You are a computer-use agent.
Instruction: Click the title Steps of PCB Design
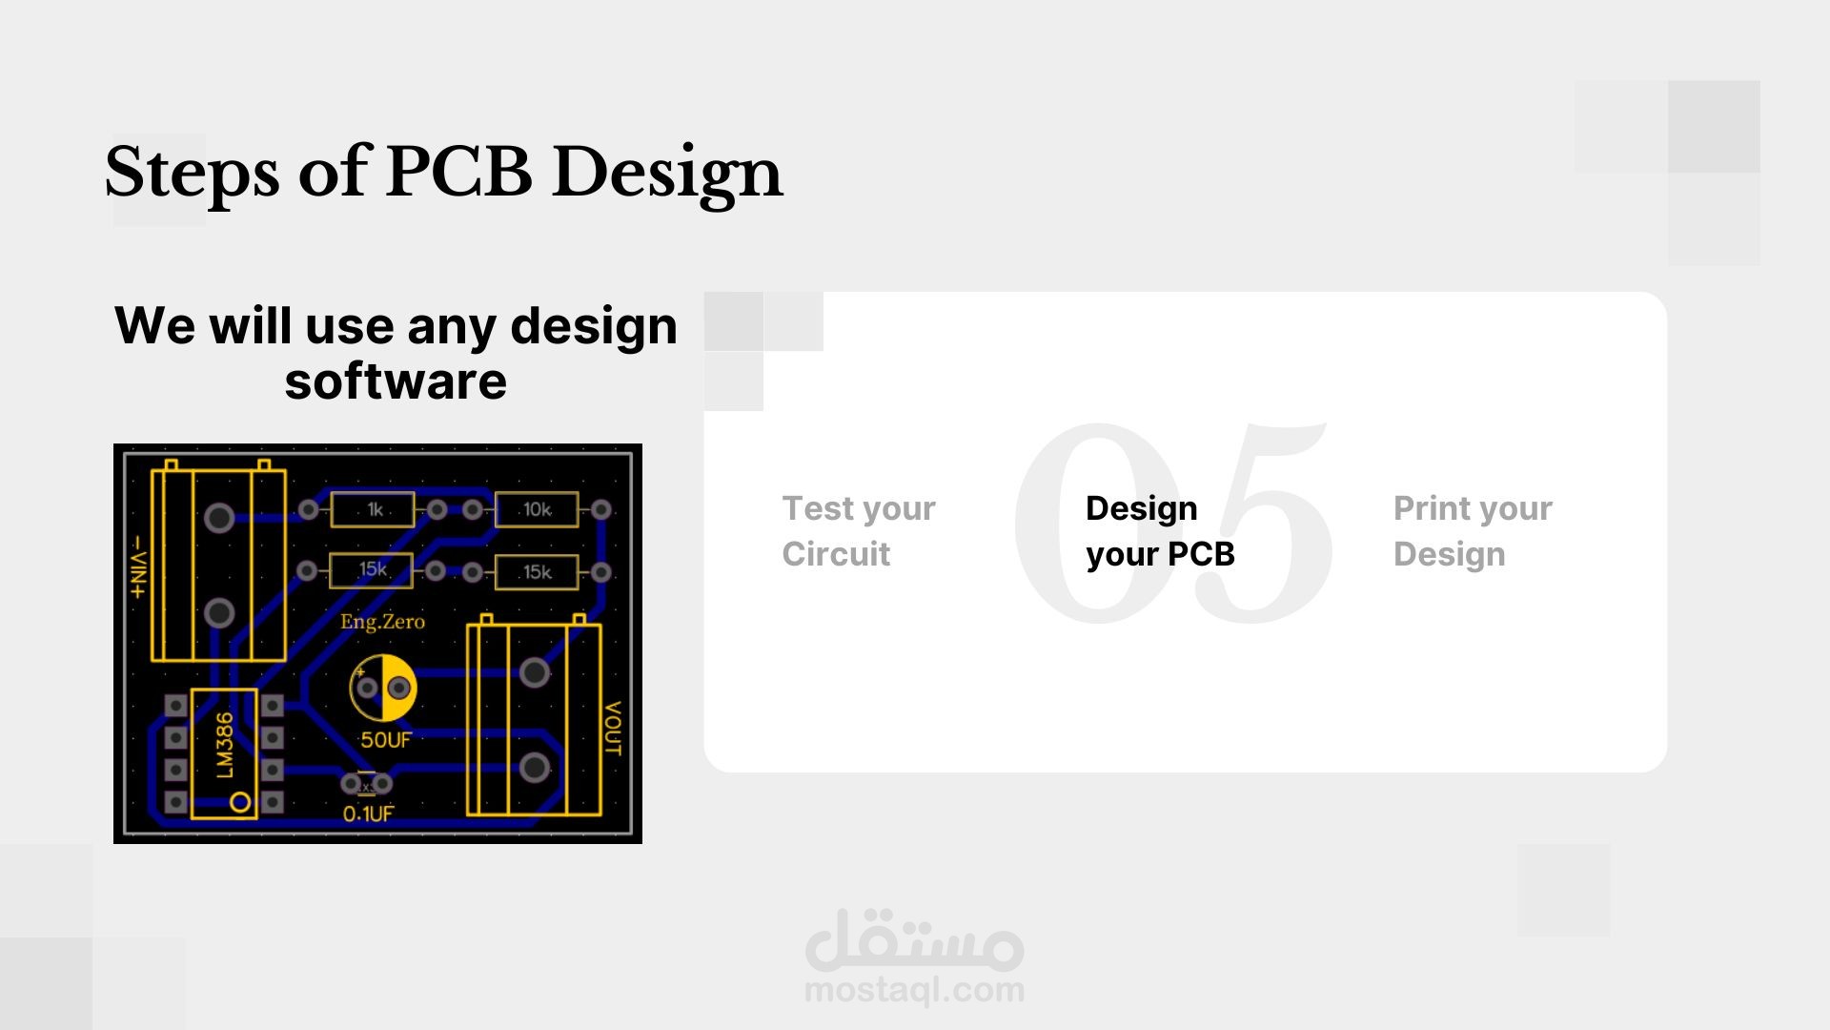(443, 173)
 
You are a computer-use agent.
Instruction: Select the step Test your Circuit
(858, 531)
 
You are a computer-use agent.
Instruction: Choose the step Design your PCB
(1160, 531)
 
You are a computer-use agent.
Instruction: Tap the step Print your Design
(1473, 531)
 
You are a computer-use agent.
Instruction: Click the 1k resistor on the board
(373, 509)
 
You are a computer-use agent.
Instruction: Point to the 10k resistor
(537, 509)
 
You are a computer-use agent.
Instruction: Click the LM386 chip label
(224, 744)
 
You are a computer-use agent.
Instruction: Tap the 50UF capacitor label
(386, 739)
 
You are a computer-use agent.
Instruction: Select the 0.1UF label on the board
(369, 814)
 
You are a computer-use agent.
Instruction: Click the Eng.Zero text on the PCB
(382, 622)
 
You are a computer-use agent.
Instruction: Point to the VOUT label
(613, 729)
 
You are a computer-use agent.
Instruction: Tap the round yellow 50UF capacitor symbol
(383, 688)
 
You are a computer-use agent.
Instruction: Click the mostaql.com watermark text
(915, 990)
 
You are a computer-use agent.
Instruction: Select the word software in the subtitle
(396, 381)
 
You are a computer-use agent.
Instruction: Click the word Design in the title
(667, 173)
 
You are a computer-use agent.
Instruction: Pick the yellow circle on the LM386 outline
(240, 803)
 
